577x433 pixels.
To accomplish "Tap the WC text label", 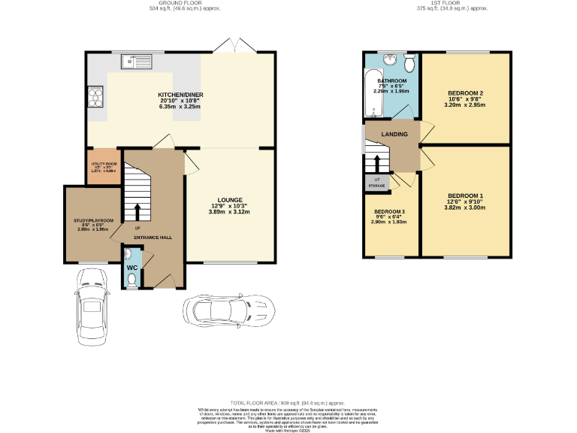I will (131, 268).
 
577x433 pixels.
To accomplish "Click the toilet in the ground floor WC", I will (132, 280).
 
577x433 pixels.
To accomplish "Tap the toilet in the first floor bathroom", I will (409, 59).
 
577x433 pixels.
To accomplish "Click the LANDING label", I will (394, 135).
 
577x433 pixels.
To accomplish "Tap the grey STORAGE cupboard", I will (377, 182).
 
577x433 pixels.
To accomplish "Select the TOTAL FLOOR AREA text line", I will (288, 403).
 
